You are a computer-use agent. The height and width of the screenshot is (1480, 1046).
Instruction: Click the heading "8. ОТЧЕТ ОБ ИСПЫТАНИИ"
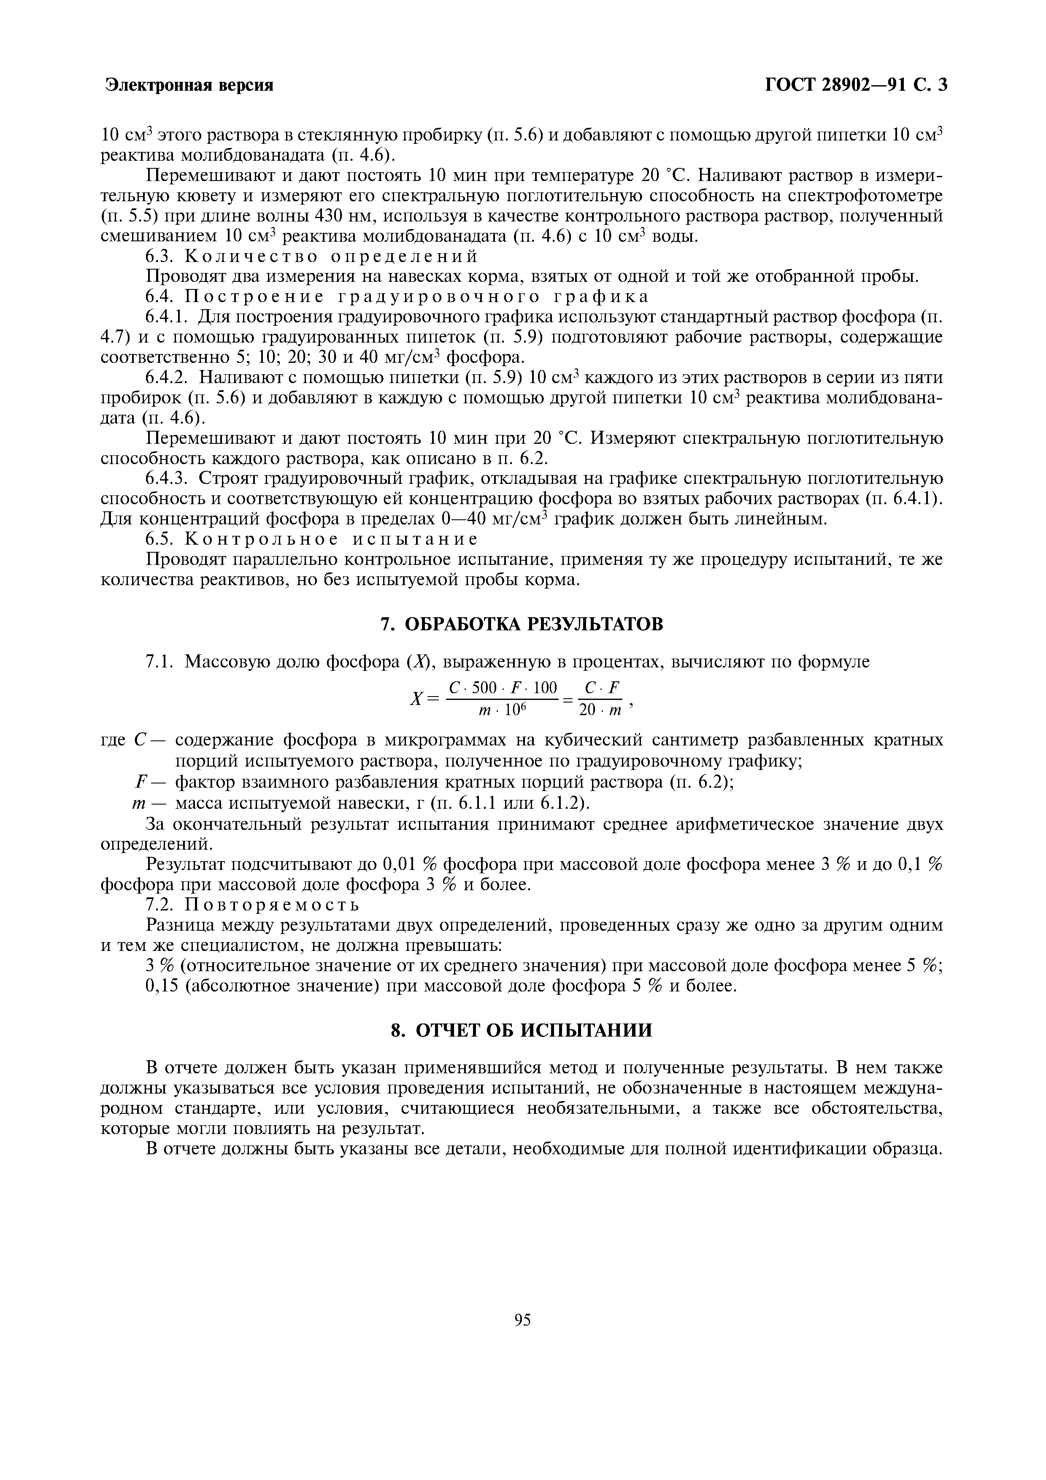(522, 1031)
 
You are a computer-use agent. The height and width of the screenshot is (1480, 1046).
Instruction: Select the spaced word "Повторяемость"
(271, 905)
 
